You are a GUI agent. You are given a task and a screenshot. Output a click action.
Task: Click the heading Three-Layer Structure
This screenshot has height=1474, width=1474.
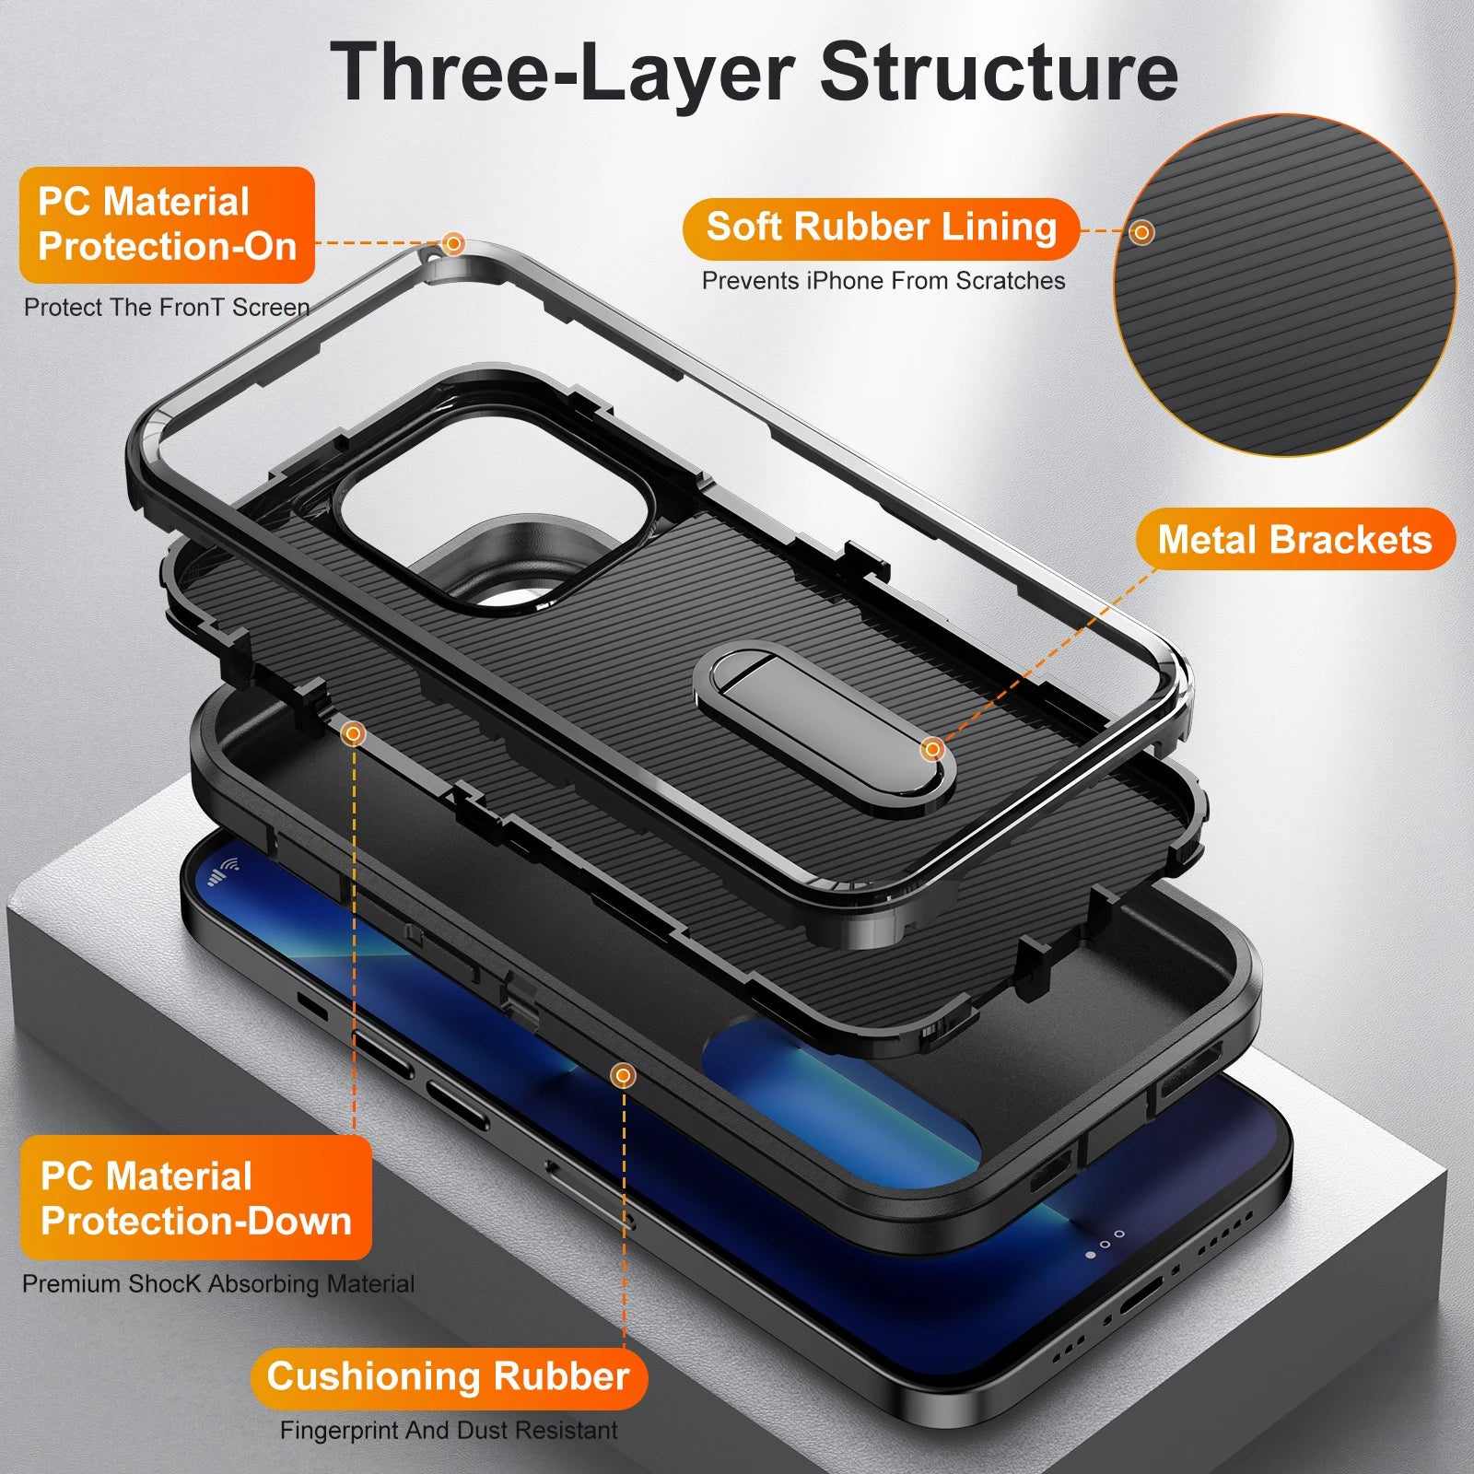(x=754, y=72)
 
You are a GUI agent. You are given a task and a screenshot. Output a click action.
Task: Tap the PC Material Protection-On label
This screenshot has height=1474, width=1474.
(x=167, y=225)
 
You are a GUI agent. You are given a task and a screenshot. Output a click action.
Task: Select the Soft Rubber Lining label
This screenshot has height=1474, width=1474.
(x=881, y=228)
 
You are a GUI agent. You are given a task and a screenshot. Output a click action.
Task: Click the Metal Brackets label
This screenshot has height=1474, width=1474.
(x=1294, y=539)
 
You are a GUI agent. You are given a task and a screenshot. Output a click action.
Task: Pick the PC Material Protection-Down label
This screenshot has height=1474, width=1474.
(x=195, y=1198)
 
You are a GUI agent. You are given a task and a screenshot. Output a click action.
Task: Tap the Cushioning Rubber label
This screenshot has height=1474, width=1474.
(x=449, y=1376)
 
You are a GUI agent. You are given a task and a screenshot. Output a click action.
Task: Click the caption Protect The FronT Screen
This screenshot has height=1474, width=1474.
(x=167, y=308)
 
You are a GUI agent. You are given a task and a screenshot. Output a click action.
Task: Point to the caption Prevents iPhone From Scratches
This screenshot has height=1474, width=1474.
(x=883, y=281)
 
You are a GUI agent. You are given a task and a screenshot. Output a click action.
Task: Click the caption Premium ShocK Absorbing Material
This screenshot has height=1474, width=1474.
(x=218, y=1283)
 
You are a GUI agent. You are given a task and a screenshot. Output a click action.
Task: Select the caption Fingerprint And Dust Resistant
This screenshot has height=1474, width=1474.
(x=449, y=1431)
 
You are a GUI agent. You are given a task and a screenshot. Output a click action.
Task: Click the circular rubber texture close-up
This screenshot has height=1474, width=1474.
(x=1285, y=286)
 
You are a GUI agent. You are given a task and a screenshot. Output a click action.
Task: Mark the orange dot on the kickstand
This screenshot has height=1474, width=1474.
(x=932, y=749)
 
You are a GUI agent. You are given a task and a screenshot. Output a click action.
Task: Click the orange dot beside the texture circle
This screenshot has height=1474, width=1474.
(x=1141, y=232)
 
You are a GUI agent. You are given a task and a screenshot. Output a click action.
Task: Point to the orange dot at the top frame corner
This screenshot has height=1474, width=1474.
(x=453, y=243)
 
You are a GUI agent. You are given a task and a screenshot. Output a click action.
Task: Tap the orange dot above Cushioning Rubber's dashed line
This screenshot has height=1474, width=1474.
(x=624, y=1075)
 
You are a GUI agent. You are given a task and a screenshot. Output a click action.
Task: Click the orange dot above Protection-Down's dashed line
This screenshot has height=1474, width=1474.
(x=353, y=734)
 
